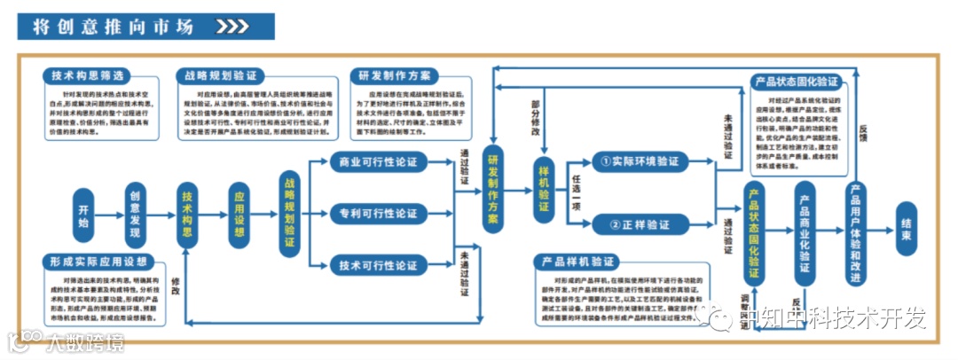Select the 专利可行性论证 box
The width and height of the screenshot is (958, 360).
[x=378, y=214]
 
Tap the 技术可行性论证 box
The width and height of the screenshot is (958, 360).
[x=378, y=265]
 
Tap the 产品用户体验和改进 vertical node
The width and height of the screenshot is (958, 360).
[x=855, y=226]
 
